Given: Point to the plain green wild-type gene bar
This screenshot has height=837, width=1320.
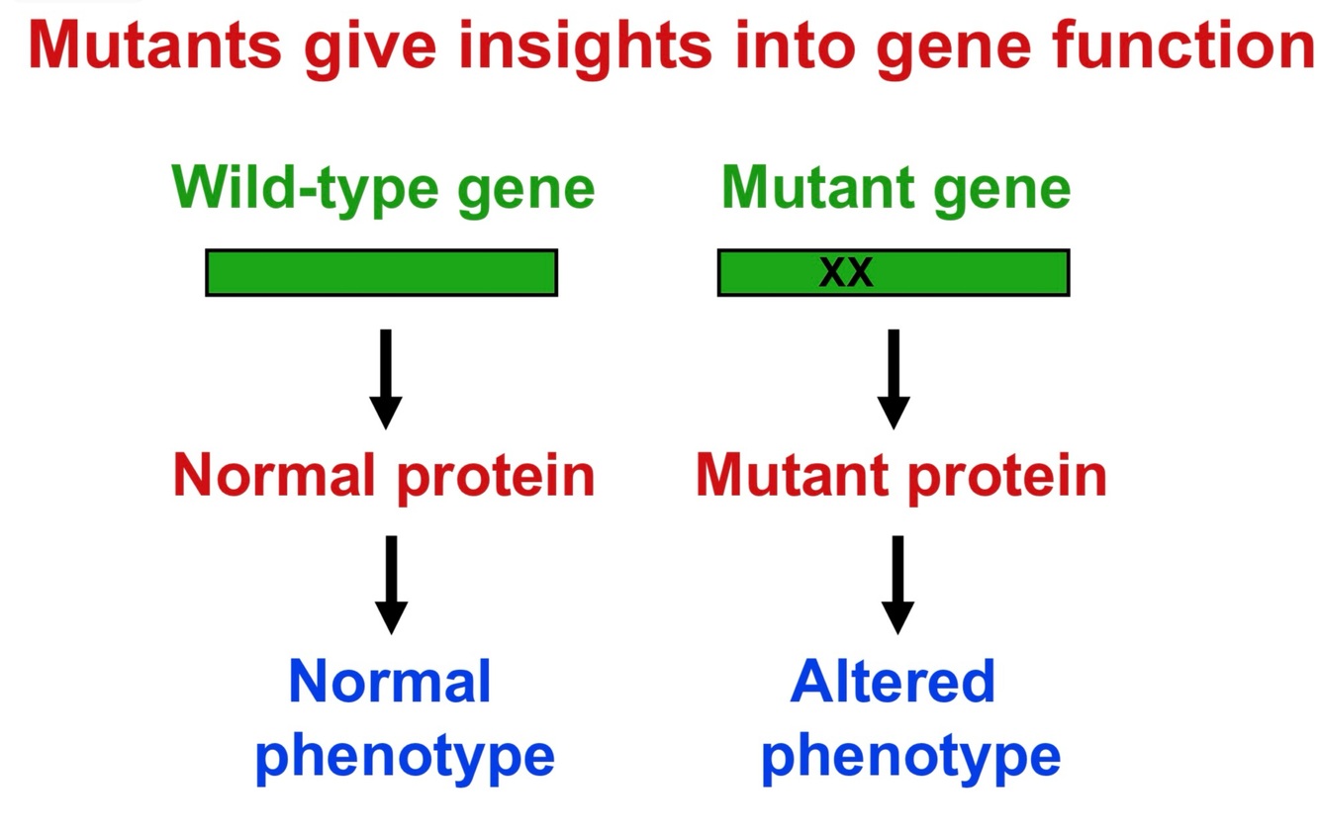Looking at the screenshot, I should pos(381,272).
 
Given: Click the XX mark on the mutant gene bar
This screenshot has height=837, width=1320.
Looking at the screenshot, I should pos(846,272).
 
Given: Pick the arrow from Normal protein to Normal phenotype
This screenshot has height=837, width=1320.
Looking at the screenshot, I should pos(392,584).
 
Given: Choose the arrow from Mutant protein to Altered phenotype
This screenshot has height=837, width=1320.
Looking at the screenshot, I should pos(897,584).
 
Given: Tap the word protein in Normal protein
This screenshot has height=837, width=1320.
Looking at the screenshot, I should pos(496,478).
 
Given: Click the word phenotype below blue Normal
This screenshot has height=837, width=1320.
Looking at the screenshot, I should pos(405,757).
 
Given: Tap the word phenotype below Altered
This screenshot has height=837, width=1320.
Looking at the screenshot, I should pos(910,757).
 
